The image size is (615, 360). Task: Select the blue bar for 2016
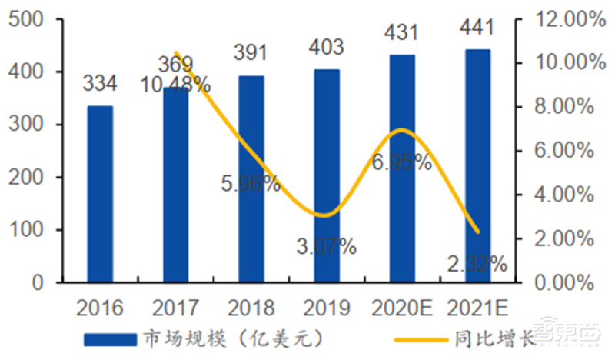[x=99, y=194]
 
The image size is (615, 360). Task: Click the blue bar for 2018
[x=251, y=178]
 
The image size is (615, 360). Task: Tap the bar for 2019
[x=326, y=175]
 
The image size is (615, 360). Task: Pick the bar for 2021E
[x=477, y=165]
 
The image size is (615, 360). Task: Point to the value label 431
[x=402, y=34]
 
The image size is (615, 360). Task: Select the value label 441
[x=477, y=28]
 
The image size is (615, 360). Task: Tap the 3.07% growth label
[x=326, y=246]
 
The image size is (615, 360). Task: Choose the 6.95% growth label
[x=401, y=162]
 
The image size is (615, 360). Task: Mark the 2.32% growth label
[x=477, y=264]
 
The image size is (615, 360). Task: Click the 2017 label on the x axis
[x=175, y=308]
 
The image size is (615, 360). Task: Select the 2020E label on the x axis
[x=402, y=308]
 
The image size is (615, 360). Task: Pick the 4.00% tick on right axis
[x=559, y=195]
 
